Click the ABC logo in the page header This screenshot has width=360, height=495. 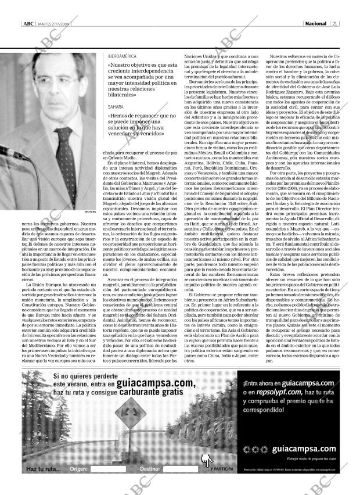(28, 24)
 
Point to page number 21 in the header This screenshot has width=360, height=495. (335, 24)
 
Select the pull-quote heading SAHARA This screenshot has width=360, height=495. (116, 107)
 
